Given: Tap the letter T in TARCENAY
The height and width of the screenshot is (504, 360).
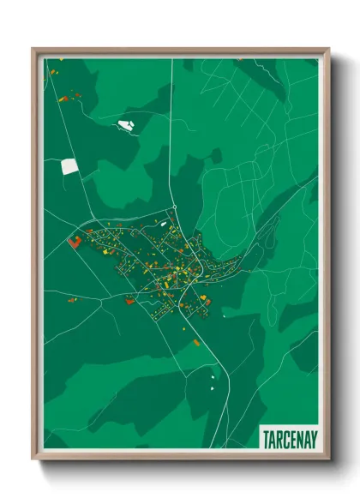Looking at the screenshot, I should pos(265,437).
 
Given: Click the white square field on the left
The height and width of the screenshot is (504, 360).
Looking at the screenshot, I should pos(69,166).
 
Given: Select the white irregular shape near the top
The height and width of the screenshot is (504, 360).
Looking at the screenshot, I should pos(126,126).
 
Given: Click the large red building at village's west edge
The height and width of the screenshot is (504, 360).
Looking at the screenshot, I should pos(75,243).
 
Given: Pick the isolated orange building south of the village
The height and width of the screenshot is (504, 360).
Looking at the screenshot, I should pos(196,343).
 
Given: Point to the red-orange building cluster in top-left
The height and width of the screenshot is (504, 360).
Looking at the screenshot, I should pos(63,98).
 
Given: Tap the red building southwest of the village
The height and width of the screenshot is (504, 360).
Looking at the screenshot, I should pos(130,299).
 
